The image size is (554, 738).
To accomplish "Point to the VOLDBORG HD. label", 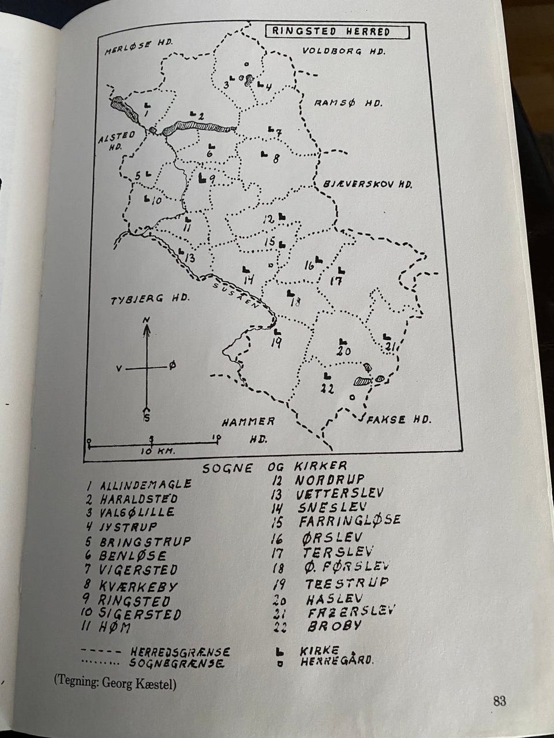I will (345, 52).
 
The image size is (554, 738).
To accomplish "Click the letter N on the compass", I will (147, 320).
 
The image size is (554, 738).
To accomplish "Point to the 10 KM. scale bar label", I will (158, 451).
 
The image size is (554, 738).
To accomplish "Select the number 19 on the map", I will (275, 344).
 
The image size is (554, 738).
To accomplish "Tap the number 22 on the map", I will (327, 389).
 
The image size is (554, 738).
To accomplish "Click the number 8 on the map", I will (275, 158).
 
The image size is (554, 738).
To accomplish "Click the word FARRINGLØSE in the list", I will (350, 521).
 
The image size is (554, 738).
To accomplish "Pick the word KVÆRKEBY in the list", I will (139, 586).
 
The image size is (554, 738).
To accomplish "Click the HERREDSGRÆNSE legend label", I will (180, 652).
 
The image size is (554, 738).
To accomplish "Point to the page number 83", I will (500, 701).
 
